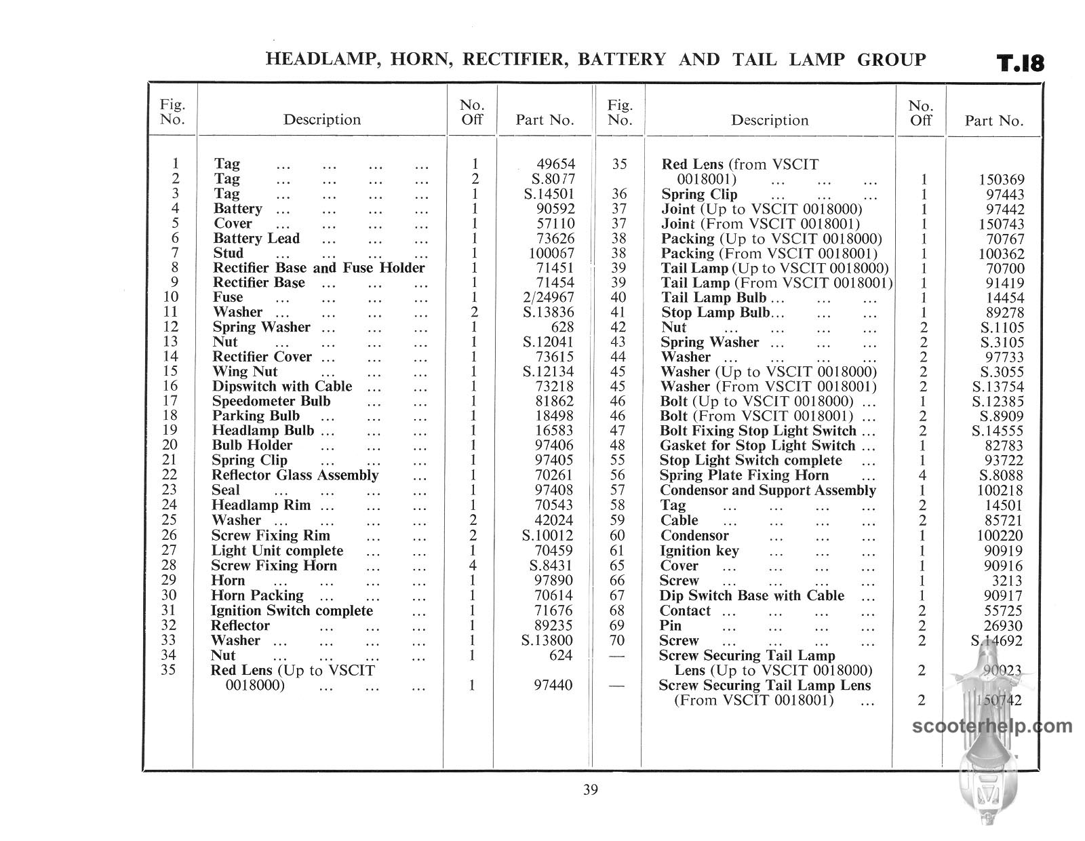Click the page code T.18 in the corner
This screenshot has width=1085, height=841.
pos(1020,63)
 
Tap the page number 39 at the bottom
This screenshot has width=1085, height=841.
pos(590,789)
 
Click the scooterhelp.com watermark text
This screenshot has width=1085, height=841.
pos(993,726)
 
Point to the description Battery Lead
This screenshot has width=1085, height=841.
pos(256,238)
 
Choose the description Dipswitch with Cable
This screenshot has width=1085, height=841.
pos(282,386)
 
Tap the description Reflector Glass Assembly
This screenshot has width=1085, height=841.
pos(295,475)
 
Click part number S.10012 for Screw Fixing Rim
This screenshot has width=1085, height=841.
pos(548,535)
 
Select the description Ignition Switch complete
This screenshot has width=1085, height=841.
pos(292,610)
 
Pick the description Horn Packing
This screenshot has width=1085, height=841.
pos(257,595)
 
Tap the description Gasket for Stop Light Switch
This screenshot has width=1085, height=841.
pos(757,446)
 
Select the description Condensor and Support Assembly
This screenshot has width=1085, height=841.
pos(768,490)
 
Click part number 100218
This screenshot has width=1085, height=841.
pos(1001,490)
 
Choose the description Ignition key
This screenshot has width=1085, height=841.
pos(699,551)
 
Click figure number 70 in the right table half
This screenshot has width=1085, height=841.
pos(618,640)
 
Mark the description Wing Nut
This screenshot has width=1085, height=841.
pos(245,371)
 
